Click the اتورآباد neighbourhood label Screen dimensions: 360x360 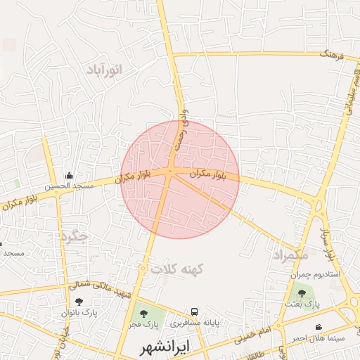[x=105, y=70]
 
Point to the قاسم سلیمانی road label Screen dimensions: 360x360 [x=348, y=95]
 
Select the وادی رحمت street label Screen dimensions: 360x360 [x=181, y=127]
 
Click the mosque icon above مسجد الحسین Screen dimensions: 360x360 [x=69, y=176]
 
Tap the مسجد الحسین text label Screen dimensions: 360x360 [x=69, y=186]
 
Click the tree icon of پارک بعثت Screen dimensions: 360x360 [x=302, y=292]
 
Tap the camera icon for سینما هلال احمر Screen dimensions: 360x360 [x=319, y=327]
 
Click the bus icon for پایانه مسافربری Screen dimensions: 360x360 [x=195, y=311]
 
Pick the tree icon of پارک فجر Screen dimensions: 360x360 [x=143, y=314]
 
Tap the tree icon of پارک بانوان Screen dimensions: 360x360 [x=78, y=302]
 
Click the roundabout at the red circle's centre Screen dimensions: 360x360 [x=171, y=171]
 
